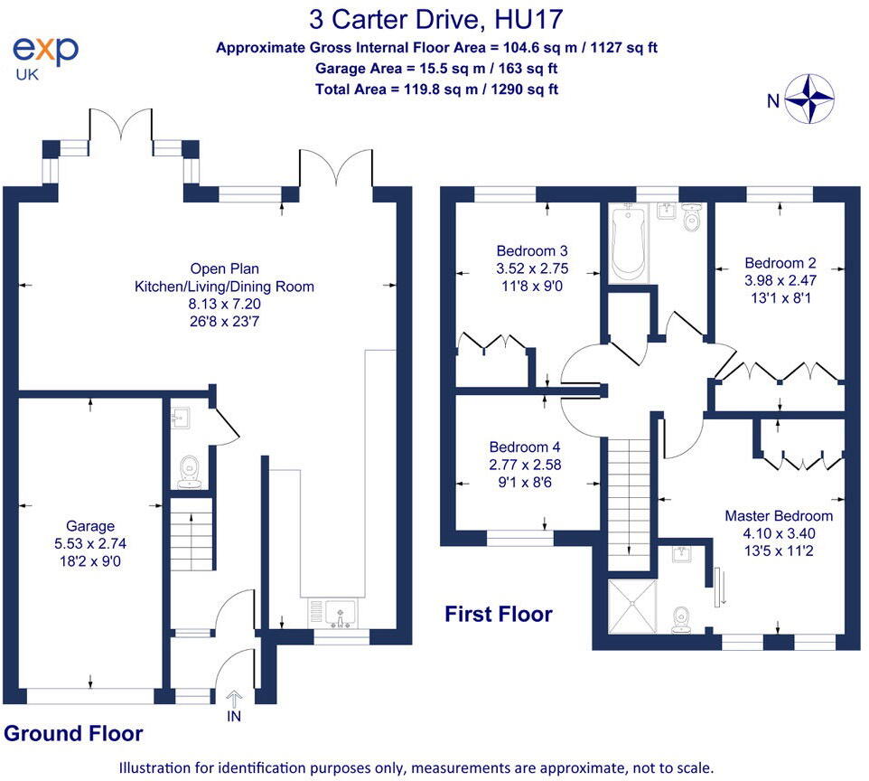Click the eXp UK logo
45,55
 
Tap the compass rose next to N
808,99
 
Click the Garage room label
90,526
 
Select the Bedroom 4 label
525,447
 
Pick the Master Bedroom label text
779,516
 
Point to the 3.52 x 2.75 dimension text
533,268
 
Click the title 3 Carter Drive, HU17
439,19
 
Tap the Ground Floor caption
73,733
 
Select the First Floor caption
498,615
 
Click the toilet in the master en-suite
683,617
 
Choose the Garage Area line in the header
436,69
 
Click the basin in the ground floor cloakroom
180,419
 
